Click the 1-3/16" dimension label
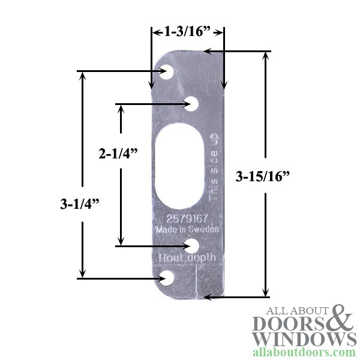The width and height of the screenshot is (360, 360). (x=187, y=31)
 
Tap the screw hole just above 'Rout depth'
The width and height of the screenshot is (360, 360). (x=192, y=245)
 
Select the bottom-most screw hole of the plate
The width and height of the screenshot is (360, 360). (x=166, y=277)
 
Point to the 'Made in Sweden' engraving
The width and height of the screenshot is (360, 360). (x=187, y=230)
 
